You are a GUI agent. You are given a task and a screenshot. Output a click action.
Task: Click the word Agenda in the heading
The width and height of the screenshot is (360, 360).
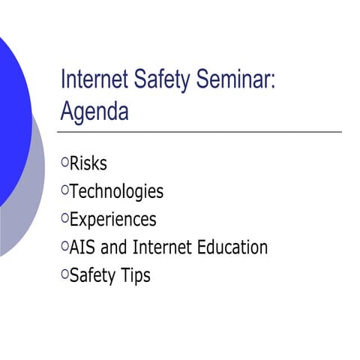94,112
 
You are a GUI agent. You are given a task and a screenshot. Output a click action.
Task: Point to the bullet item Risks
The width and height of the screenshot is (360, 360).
88,163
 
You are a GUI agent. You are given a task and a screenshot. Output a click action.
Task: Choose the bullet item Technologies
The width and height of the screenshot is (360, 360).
116,191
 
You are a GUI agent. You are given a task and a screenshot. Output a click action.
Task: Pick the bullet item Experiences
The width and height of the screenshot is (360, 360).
112,219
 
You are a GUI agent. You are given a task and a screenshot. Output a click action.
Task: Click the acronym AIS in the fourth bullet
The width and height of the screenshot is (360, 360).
82,247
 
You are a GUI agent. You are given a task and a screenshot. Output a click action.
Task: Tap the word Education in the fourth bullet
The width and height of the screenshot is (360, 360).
232,247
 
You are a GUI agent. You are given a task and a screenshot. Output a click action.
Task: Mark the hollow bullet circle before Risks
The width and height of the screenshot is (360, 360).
64,161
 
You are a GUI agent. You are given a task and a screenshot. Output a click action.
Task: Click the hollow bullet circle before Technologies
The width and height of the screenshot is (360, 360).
64,189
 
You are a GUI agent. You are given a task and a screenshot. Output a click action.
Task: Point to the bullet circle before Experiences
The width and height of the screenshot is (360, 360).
64,217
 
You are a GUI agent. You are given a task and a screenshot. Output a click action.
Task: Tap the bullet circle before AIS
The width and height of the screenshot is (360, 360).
64,245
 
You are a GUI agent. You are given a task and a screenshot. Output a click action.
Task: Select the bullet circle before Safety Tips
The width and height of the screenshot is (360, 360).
64,274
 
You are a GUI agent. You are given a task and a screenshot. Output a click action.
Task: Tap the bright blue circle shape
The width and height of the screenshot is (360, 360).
9,112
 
